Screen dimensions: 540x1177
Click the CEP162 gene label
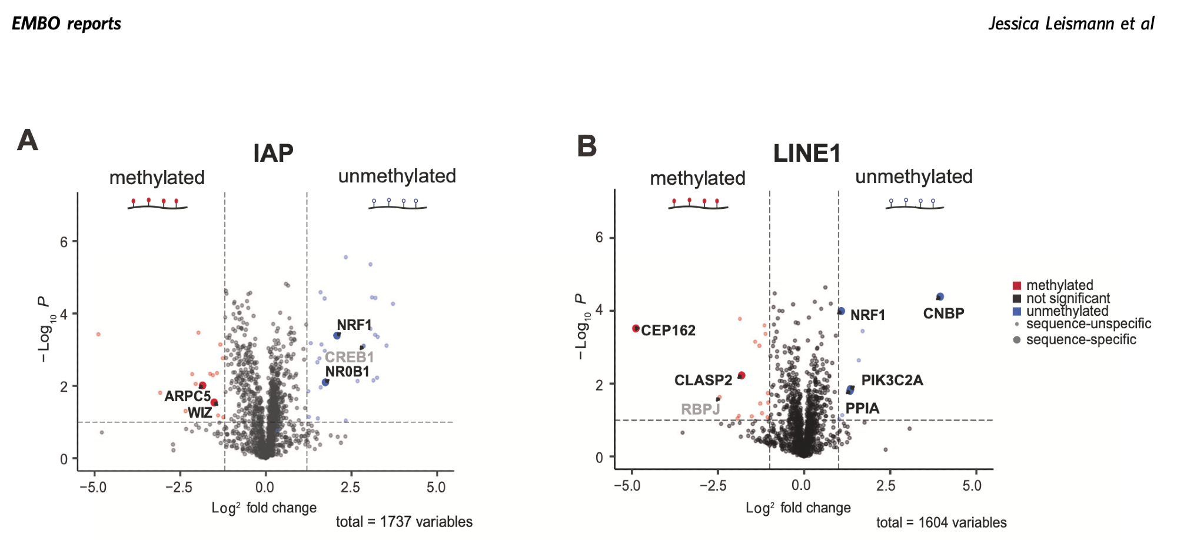coord(668,331)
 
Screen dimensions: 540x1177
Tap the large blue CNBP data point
coord(940,297)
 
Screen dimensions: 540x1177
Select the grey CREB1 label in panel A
coord(349,357)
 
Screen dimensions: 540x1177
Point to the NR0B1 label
coord(347,372)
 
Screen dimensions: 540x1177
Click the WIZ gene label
coord(200,412)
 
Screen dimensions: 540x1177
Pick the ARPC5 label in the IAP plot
coord(187,396)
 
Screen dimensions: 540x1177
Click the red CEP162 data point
coord(636,328)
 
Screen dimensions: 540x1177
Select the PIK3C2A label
coord(892,381)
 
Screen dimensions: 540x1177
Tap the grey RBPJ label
coord(700,409)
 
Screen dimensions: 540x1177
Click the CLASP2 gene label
coord(703,381)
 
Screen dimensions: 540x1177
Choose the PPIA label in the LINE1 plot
coord(862,408)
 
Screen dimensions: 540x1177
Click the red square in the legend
coord(1017,286)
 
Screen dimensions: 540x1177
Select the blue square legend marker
coord(1017,311)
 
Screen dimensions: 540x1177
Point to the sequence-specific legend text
coord(1081,339)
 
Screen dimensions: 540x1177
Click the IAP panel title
coord(273,154)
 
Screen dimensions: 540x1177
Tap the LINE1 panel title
coord(807,154)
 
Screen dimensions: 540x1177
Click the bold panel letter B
coord(587,146)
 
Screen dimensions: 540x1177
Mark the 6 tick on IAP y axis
coord(64,242)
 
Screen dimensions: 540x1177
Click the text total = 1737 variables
coord(404,522)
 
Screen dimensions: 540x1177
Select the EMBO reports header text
coord(67,24)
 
